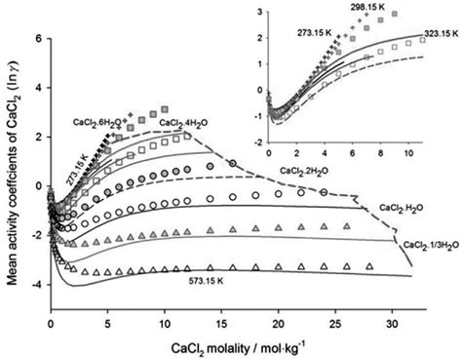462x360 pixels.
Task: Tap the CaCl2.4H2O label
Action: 183,123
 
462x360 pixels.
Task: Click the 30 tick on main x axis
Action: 392,320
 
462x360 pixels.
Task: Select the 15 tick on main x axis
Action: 221,320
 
